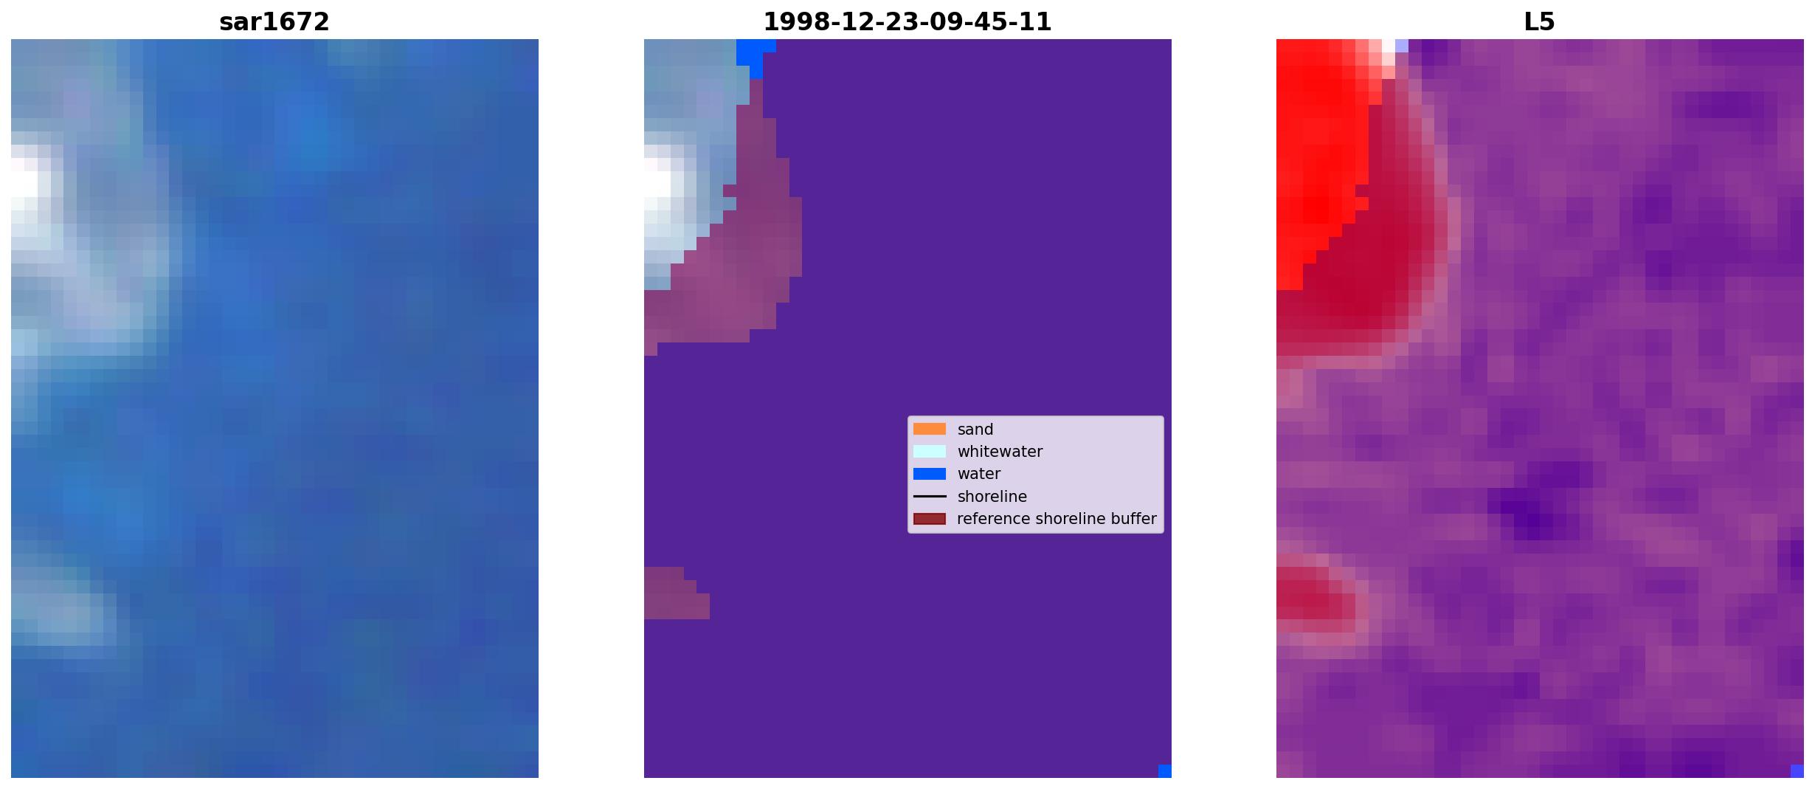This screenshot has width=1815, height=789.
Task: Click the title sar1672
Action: point(274,22)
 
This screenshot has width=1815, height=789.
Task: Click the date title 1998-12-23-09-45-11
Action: point(907,22)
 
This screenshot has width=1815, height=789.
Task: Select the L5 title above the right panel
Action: point(1539,22)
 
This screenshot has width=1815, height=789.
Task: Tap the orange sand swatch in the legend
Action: point(929,429)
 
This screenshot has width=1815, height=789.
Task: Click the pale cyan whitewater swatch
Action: point(929,451)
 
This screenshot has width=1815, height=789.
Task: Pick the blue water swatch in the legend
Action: point(929,474)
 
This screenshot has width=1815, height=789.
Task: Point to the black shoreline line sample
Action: point(929,496)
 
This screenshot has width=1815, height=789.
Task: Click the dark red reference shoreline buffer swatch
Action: point(929,519)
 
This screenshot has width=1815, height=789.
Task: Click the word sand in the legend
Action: point(975,430)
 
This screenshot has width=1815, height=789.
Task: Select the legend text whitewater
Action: point(1000,452)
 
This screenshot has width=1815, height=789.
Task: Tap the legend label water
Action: point(978,474)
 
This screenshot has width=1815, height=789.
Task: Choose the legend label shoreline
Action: point(992,497)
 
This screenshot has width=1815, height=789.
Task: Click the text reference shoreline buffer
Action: point(1057,519)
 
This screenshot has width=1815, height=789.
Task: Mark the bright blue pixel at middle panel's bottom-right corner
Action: point(1164,771)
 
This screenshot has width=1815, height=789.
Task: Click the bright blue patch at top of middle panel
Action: point(754,52)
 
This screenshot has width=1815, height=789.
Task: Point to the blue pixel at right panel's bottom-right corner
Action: point(1797,771)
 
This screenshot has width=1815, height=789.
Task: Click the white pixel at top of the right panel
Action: point(1388,46)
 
